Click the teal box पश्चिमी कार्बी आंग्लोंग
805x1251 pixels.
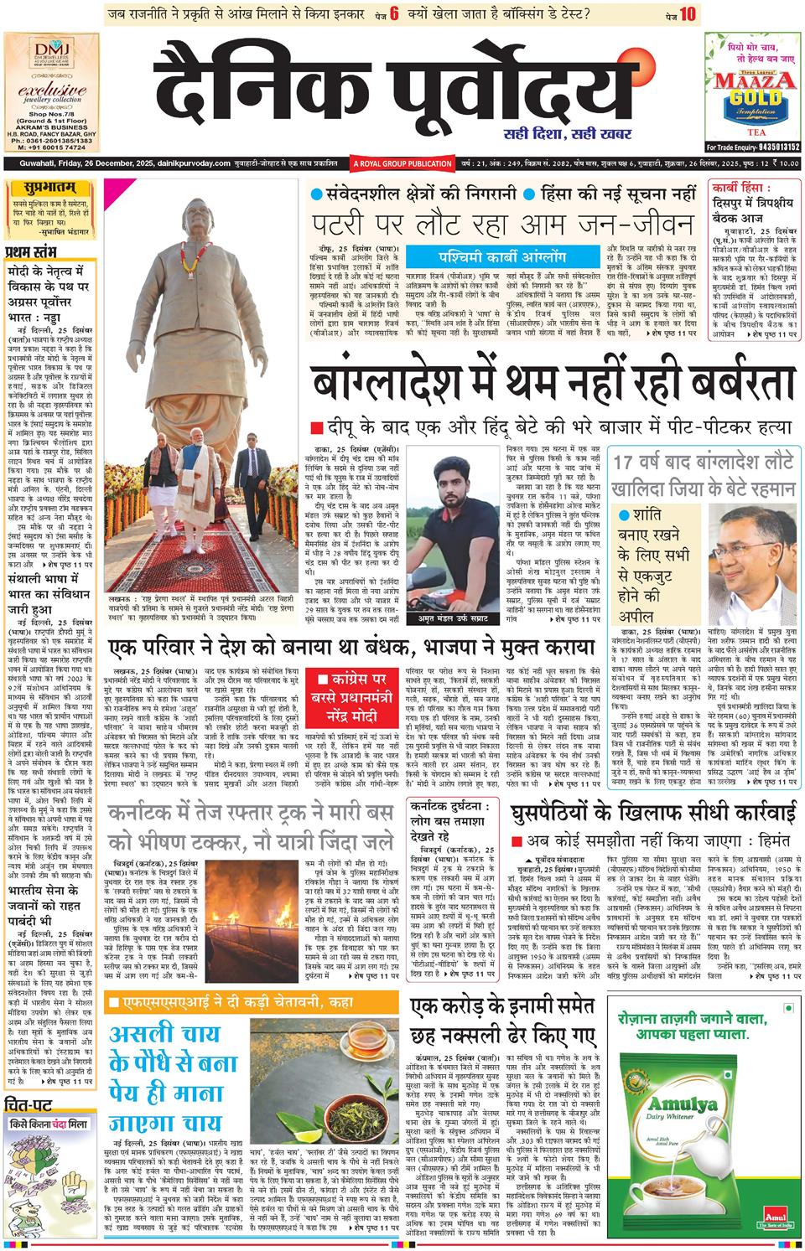coord(501,256)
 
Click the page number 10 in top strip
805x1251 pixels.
coord(688,13)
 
